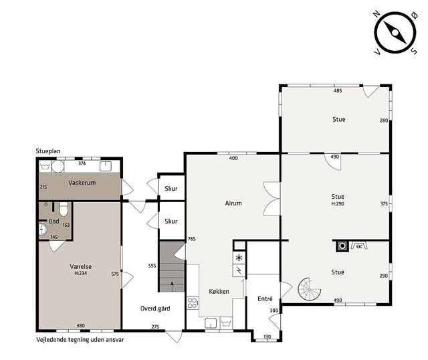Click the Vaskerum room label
point(82,183)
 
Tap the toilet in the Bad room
point(64,209)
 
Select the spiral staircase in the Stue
point(309,288)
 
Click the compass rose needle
point(395,33)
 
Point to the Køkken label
point(219,292)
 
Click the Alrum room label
point(233,203)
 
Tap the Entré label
point(265,299)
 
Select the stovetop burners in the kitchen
point(193,303)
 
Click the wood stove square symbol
point(342,246)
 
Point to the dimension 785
point(192,239)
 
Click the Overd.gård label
point(155,308)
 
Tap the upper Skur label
point(171,189)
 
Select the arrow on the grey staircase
point(172,286)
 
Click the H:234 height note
point(80,273)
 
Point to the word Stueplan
point(48,151)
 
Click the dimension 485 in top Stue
point(338,91)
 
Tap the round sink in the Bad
point(43,230)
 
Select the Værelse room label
point(80,266)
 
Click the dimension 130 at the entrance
point(267,337)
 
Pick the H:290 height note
point(338,204)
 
